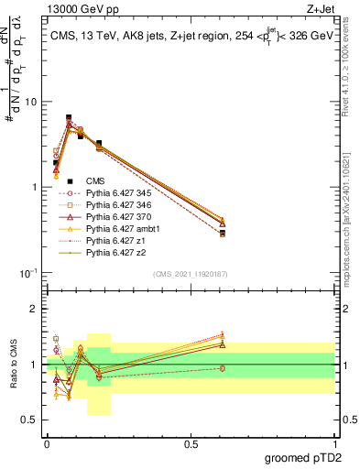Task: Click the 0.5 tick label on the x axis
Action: pyautogui.click(x=191, y=445)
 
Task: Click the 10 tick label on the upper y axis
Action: pyautogui.click(x=30, y=102)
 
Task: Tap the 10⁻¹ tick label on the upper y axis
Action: pyautogui.click(x=27, y=273)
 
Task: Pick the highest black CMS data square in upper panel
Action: pyautogui.click(x=69, y=117)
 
